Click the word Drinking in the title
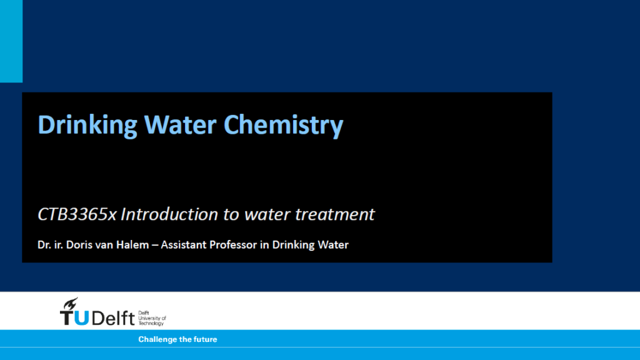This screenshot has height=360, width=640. coord(87,125)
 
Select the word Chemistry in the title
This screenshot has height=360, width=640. coord(283,125)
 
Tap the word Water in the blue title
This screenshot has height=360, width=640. coord(180,124)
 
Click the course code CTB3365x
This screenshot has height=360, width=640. coord(77,214)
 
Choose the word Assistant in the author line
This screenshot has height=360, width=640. coord(184,244)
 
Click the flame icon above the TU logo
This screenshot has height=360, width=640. coord(70,304)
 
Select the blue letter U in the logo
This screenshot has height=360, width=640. coord(82,318)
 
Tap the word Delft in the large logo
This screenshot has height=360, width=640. coord(114,317)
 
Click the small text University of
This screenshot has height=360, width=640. coord(152,318)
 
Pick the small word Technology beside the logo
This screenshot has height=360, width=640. coord(151,323)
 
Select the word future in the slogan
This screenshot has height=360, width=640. coord(206,339)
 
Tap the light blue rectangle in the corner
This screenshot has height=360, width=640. coord(11,41)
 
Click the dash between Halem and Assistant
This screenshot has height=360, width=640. coord(155,245)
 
